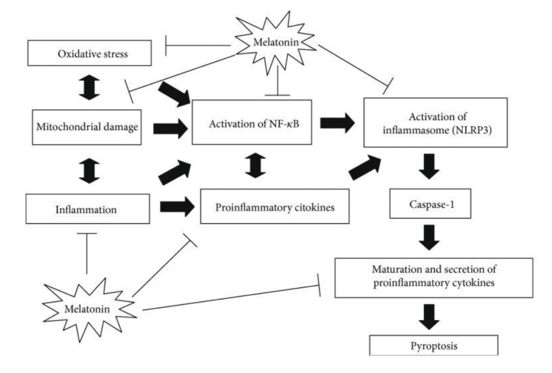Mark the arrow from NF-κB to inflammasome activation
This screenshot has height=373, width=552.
(x=337, y=122)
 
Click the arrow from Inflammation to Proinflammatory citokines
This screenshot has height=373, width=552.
(x=177, y=206)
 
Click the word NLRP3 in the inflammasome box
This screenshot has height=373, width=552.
(x=474, y=129)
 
